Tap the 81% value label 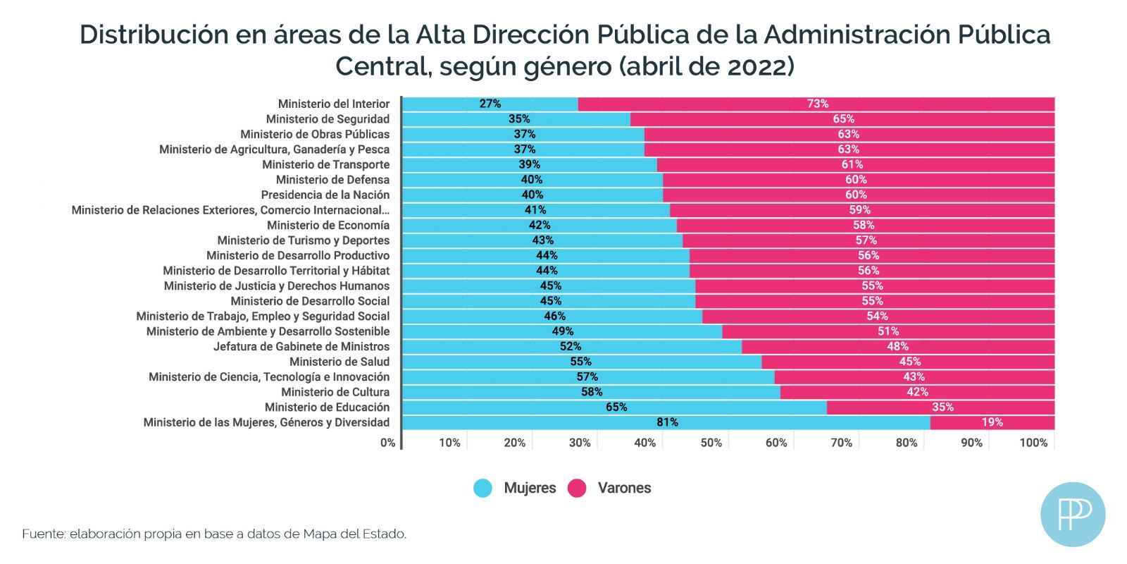click(667, 422)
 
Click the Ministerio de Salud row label click(339, 362)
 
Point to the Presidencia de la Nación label click(325, 195)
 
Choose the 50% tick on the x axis click(711, 443)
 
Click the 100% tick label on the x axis click(1033, 443)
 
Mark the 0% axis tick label click(387, 443)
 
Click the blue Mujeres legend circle click(482, 488)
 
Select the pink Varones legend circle click(577, 488)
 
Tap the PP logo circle click(1072, 514)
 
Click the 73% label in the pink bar click(817, 104)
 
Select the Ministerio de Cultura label click(335, 392)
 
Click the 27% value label click(490, 104)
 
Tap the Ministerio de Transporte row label click(325, 164)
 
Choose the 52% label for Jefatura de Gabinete click(571, 346)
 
